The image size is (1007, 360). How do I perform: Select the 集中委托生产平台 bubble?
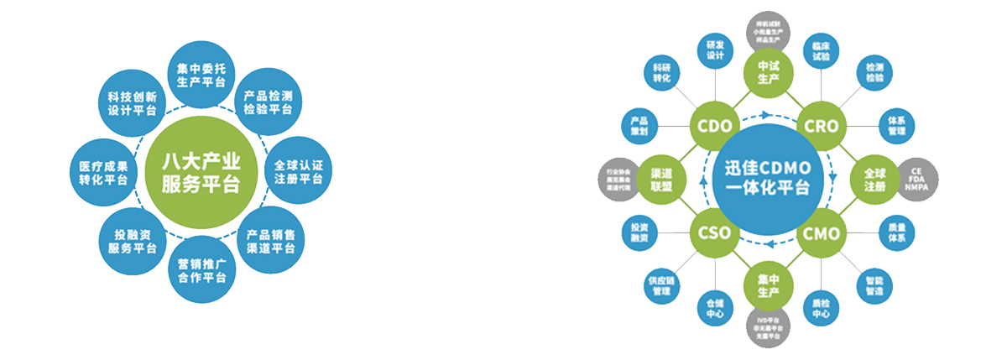click(x=201, y=74)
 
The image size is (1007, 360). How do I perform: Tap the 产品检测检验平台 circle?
click(x=269, y=102)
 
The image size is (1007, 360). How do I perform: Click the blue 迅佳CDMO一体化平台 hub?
click(x=766, y=177)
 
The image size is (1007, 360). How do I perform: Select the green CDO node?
click(x=713, y=126)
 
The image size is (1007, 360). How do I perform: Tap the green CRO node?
click(x=821, y=126)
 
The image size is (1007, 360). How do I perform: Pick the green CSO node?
click(x=713, y=232)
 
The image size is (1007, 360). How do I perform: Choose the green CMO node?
click(x=821, y=232)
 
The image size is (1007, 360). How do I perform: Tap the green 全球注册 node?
click(x=873, y=179)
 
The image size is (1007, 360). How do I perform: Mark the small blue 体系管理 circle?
click(x=895, y=125)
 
